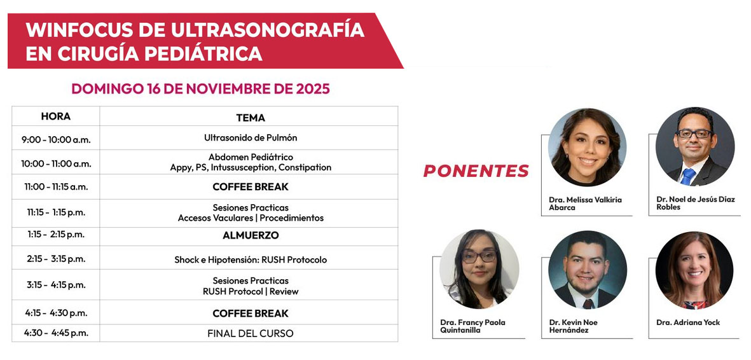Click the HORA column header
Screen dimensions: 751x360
(x=55, y=116)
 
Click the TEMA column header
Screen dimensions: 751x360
(x=251, y=118)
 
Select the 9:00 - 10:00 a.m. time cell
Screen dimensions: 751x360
(x=56, y=140)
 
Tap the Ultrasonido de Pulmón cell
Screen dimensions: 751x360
(x=251, y=137)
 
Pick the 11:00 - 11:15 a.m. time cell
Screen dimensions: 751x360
(x=56, y=187)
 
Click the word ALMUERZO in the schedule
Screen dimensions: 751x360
(x=251, y=235)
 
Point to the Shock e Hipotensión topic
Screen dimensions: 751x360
(x=251, y=260)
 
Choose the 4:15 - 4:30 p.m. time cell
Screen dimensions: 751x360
(x=56, y=313)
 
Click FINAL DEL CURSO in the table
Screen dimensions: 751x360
(x=251, y=333)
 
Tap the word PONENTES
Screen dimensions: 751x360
(x=476, y=170)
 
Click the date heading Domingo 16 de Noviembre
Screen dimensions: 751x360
(x=201, y=88)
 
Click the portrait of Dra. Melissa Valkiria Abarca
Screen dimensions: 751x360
(x=587, y=147)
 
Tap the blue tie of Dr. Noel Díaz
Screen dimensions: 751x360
(x=688, y=176)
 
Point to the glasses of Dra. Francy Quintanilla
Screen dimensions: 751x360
(x=478, y=256)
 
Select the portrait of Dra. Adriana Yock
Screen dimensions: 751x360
(x=694, y=270)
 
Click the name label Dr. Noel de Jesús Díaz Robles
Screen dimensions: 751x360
(x=696, y=203)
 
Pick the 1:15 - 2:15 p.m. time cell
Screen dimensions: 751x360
(x=56, y=235)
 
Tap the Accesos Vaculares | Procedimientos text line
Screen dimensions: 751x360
(x=251, y=218)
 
